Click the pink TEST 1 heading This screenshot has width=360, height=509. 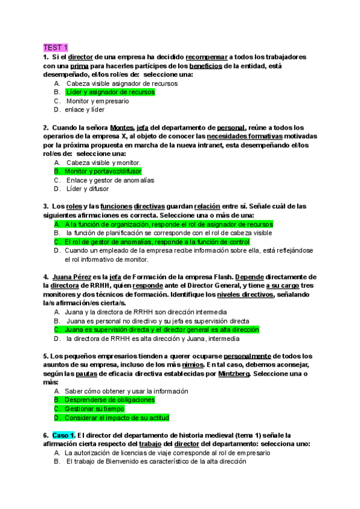[56, 47]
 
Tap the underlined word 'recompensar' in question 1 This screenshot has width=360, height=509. [207, 57]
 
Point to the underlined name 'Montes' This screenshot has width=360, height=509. [121, 128]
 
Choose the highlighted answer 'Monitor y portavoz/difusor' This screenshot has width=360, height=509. [104, 172]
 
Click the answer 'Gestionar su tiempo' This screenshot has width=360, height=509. [94, 409]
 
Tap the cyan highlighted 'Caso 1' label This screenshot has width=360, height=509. [63, 435]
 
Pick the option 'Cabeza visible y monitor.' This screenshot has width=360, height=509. [103, 163]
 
